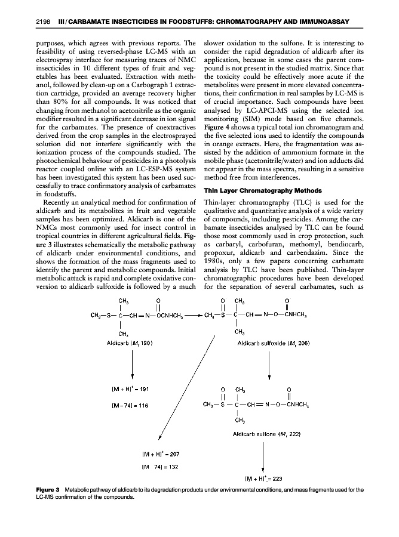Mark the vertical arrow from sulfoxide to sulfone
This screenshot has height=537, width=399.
point(270,366)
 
